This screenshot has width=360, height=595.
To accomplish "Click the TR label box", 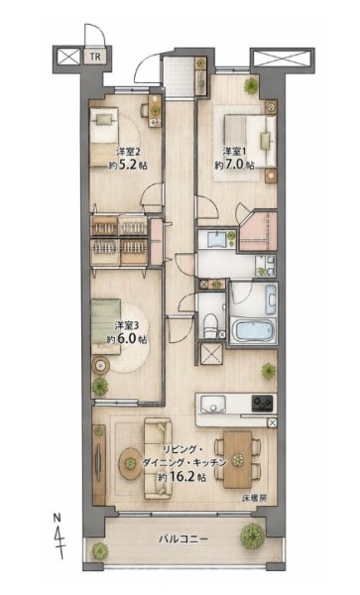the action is tap(95, 57).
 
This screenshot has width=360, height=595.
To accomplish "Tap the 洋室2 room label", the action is tap(128, 152).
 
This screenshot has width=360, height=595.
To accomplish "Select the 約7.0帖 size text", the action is tap(234, 165).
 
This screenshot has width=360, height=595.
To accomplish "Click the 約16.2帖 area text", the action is tap(181, 477).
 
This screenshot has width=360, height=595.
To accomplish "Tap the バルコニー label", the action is tap(183, 538).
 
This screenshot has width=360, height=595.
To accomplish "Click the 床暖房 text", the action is tap(254, 499).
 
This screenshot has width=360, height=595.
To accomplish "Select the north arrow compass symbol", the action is tap(59, 536).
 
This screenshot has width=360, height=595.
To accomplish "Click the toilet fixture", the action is tap(210, 326).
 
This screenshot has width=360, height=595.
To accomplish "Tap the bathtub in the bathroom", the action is tap(253, 330).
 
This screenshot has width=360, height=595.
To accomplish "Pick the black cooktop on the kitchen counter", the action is tap(263, 403).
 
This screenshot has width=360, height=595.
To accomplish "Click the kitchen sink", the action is tap(213, 404).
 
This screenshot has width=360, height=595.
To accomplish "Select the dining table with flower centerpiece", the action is tap(238, 459).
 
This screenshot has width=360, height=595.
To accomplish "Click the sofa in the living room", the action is tap(158, 458).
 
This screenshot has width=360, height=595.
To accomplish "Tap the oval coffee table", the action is tap(130, 464).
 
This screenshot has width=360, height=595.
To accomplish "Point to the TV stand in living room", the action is tap(99, 465).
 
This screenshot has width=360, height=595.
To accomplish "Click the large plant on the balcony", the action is tap(252, 536).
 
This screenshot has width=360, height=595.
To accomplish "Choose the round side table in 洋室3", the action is tap(100, 365).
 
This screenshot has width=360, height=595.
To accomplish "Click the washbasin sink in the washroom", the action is tap(217, 239).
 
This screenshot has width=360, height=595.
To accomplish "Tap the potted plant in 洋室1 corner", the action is tap(251, 85).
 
